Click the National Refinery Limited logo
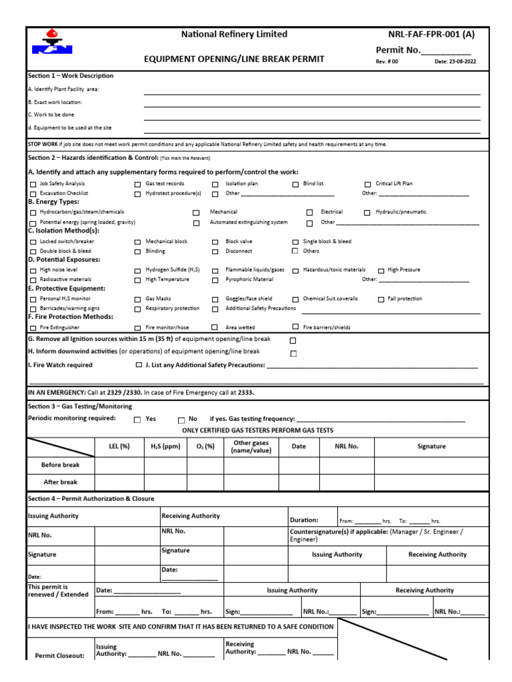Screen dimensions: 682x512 point(52,41)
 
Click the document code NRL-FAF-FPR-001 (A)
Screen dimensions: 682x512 point(431,35)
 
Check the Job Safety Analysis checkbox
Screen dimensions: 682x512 point(33,184)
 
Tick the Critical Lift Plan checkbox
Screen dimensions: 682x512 point(368,184)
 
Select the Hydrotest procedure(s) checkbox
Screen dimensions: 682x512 point(138,194)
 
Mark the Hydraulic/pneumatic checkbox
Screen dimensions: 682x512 point(368,212)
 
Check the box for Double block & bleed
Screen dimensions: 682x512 point(33,252)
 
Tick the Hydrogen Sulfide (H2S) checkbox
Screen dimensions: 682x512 point(138,270)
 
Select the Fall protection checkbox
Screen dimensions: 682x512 point(381,300)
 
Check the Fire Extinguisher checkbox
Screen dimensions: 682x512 point(33,328)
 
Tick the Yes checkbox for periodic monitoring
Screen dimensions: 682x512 point(137,420)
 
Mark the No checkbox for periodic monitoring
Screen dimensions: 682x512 point(181,420)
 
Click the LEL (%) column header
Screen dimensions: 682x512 point(119,447)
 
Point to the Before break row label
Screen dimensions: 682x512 point(60,465)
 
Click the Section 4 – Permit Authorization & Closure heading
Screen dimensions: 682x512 point(91,499)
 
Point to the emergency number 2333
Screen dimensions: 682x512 point(246,393)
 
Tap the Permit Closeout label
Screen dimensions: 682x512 point(60,655)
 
